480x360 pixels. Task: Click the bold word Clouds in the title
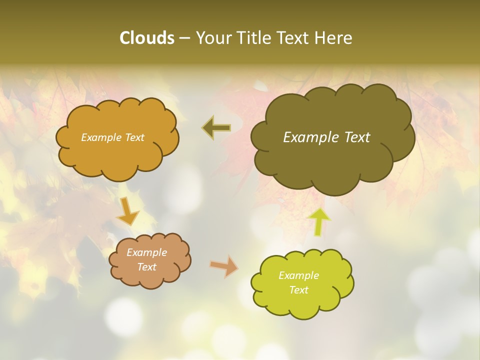pos(146,38)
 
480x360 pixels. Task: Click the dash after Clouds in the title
pos(184,38)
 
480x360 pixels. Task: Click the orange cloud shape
pos(117,155)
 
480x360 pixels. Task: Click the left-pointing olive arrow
pos(216,128)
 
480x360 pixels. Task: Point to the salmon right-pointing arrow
pos(224,266)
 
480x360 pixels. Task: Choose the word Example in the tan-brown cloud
pos(146,252)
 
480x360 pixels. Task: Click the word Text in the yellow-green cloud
pos(298,290)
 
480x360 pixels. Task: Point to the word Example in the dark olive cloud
pos(310,137)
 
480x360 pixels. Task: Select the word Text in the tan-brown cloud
pos(146,267)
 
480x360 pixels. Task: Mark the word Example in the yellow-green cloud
pos(298,275)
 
